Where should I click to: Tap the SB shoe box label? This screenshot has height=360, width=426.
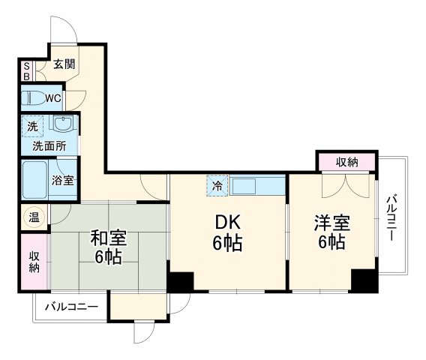25,70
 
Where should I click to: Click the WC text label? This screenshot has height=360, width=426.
52,98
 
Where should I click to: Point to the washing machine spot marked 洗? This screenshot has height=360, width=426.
32,126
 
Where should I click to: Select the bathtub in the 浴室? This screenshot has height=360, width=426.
34,179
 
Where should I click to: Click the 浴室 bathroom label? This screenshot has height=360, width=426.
62,180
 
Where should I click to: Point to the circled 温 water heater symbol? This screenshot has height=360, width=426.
34,217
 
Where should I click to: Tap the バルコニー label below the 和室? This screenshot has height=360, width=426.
70,307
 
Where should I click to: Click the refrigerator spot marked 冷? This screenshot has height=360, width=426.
218,185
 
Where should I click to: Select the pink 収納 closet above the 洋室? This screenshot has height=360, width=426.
346,162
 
